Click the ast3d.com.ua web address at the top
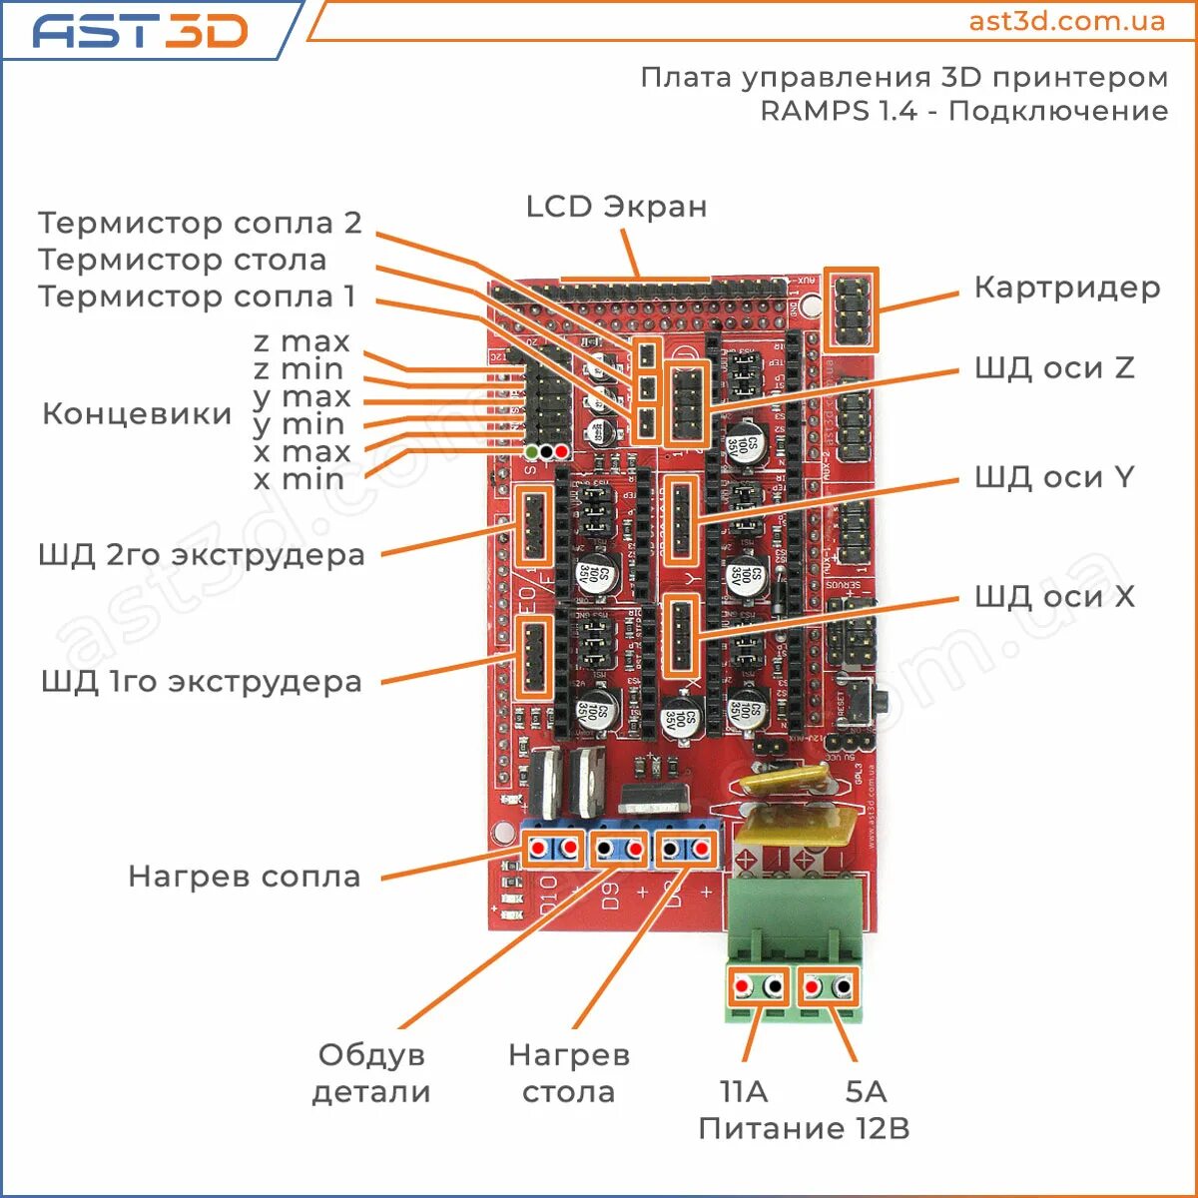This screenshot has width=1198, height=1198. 1066,21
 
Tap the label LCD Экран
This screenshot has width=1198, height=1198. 616,207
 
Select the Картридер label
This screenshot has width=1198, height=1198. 1066,288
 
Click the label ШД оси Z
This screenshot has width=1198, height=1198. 1053,367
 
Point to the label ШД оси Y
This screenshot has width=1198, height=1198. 1053,477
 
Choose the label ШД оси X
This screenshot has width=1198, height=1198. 1053,597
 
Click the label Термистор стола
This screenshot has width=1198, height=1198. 183,260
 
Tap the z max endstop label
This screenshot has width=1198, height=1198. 301,341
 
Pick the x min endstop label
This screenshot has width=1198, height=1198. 299,479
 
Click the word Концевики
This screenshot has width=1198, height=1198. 137,413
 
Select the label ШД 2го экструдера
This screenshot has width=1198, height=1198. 202,555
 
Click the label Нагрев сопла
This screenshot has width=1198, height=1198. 244,877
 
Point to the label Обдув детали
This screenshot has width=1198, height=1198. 371,1073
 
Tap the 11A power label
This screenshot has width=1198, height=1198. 744,1091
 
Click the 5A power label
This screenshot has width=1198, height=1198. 866,1091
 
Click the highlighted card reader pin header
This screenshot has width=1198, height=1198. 852,308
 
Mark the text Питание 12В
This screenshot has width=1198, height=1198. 804,1128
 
